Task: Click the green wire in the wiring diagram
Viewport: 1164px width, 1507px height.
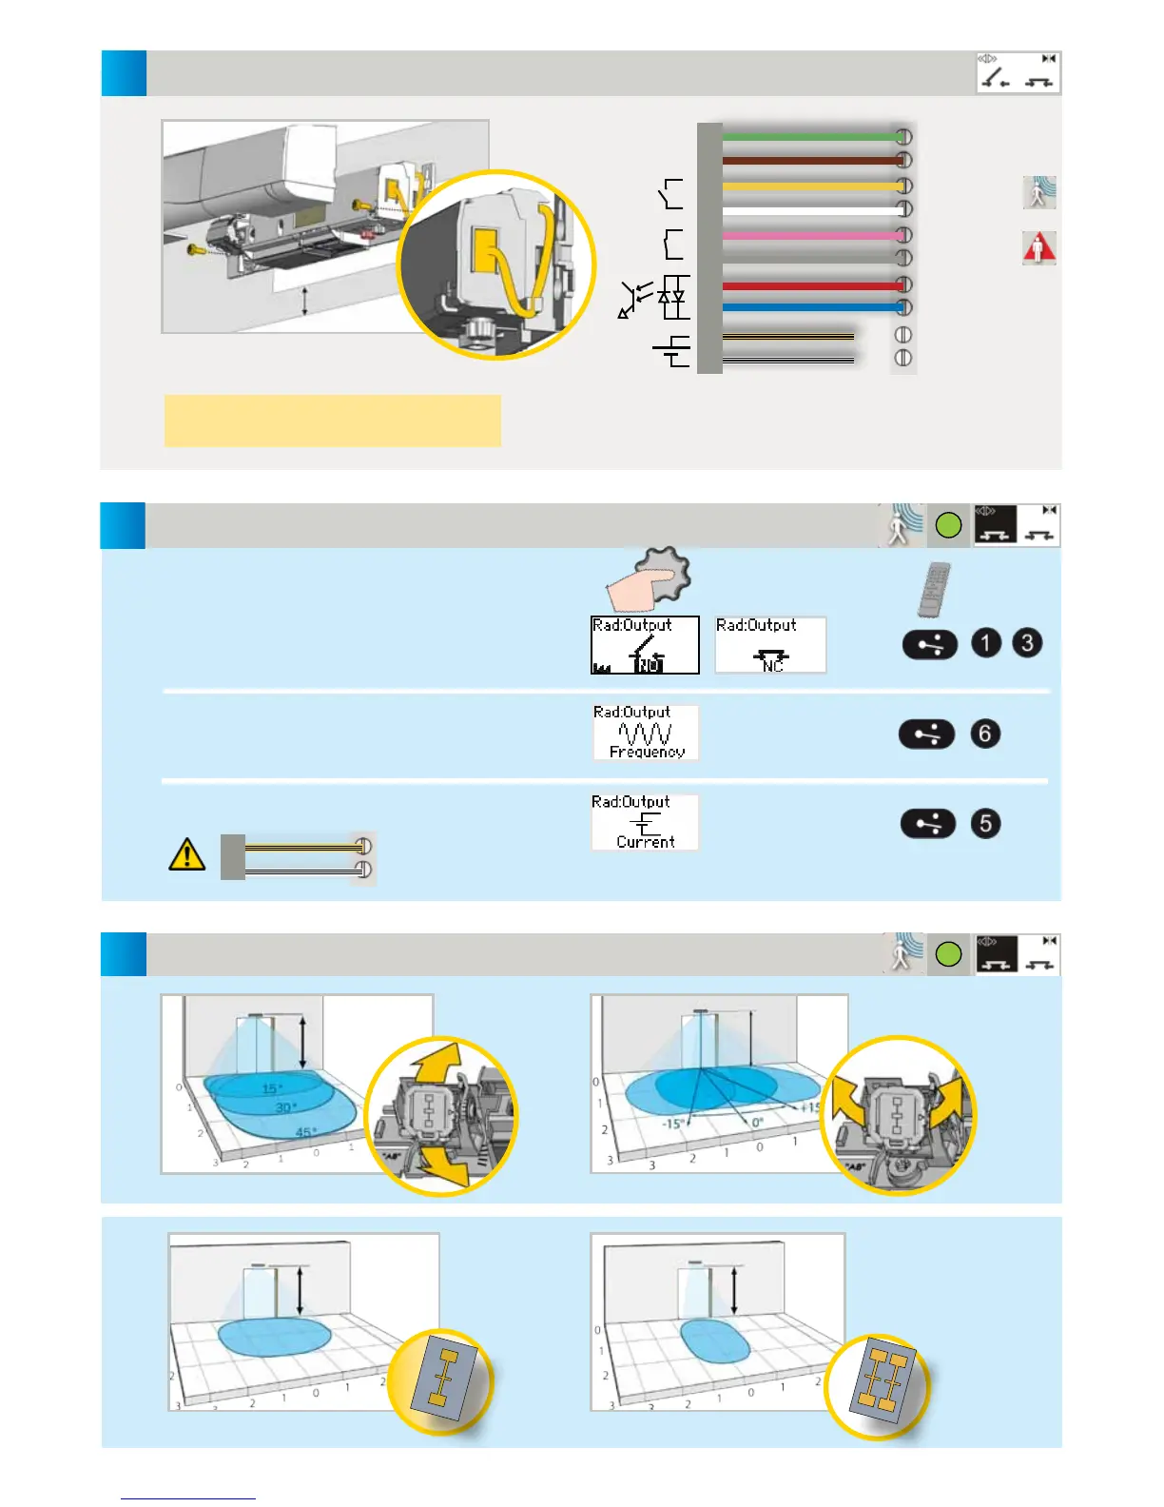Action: coord(808,137)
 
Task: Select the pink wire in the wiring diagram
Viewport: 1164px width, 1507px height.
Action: coord(808,235)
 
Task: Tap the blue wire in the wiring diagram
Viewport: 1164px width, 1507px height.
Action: coord(808,307)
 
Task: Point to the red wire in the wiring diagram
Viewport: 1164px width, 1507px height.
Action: coord(808,285)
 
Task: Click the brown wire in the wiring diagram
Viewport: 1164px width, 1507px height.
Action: coord(808,161)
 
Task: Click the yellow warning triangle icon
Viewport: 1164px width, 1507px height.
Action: coord(187,854)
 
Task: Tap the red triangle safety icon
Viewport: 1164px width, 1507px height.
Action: coord(1038,248)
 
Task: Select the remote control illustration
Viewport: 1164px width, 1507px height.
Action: coord(934,590)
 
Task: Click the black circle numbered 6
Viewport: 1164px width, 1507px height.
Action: coord(985,734)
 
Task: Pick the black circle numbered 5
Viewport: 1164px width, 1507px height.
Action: coord(985,823)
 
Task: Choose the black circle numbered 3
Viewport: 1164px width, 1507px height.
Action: coord(1027,643)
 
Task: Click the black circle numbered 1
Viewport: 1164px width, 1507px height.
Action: coord(986,643)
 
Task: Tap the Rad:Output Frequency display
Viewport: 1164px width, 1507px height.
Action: coord(646,733)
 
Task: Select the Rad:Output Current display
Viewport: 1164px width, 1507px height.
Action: coord(645,822)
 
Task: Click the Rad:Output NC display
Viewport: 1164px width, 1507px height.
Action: coord(770,645)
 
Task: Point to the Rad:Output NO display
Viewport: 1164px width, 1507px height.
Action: coord(645,645)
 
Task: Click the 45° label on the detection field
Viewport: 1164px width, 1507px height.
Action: coord(306,1132)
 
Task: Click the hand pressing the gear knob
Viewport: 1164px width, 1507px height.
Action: coord(648,579)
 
